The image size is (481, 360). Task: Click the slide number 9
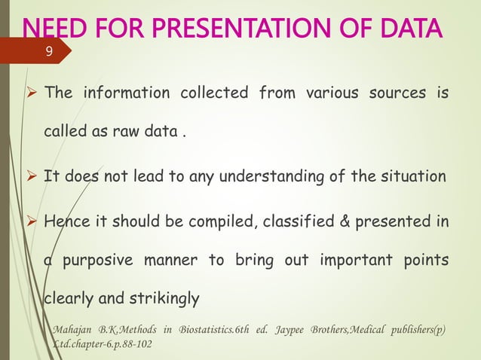click(x=49, y=52)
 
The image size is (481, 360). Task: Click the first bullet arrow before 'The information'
click(x=32, y=94)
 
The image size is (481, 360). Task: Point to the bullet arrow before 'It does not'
click(x=32, y=178)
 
